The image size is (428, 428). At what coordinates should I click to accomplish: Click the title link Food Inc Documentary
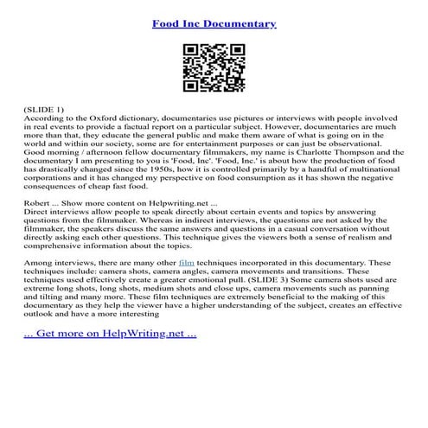coord(214,24)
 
